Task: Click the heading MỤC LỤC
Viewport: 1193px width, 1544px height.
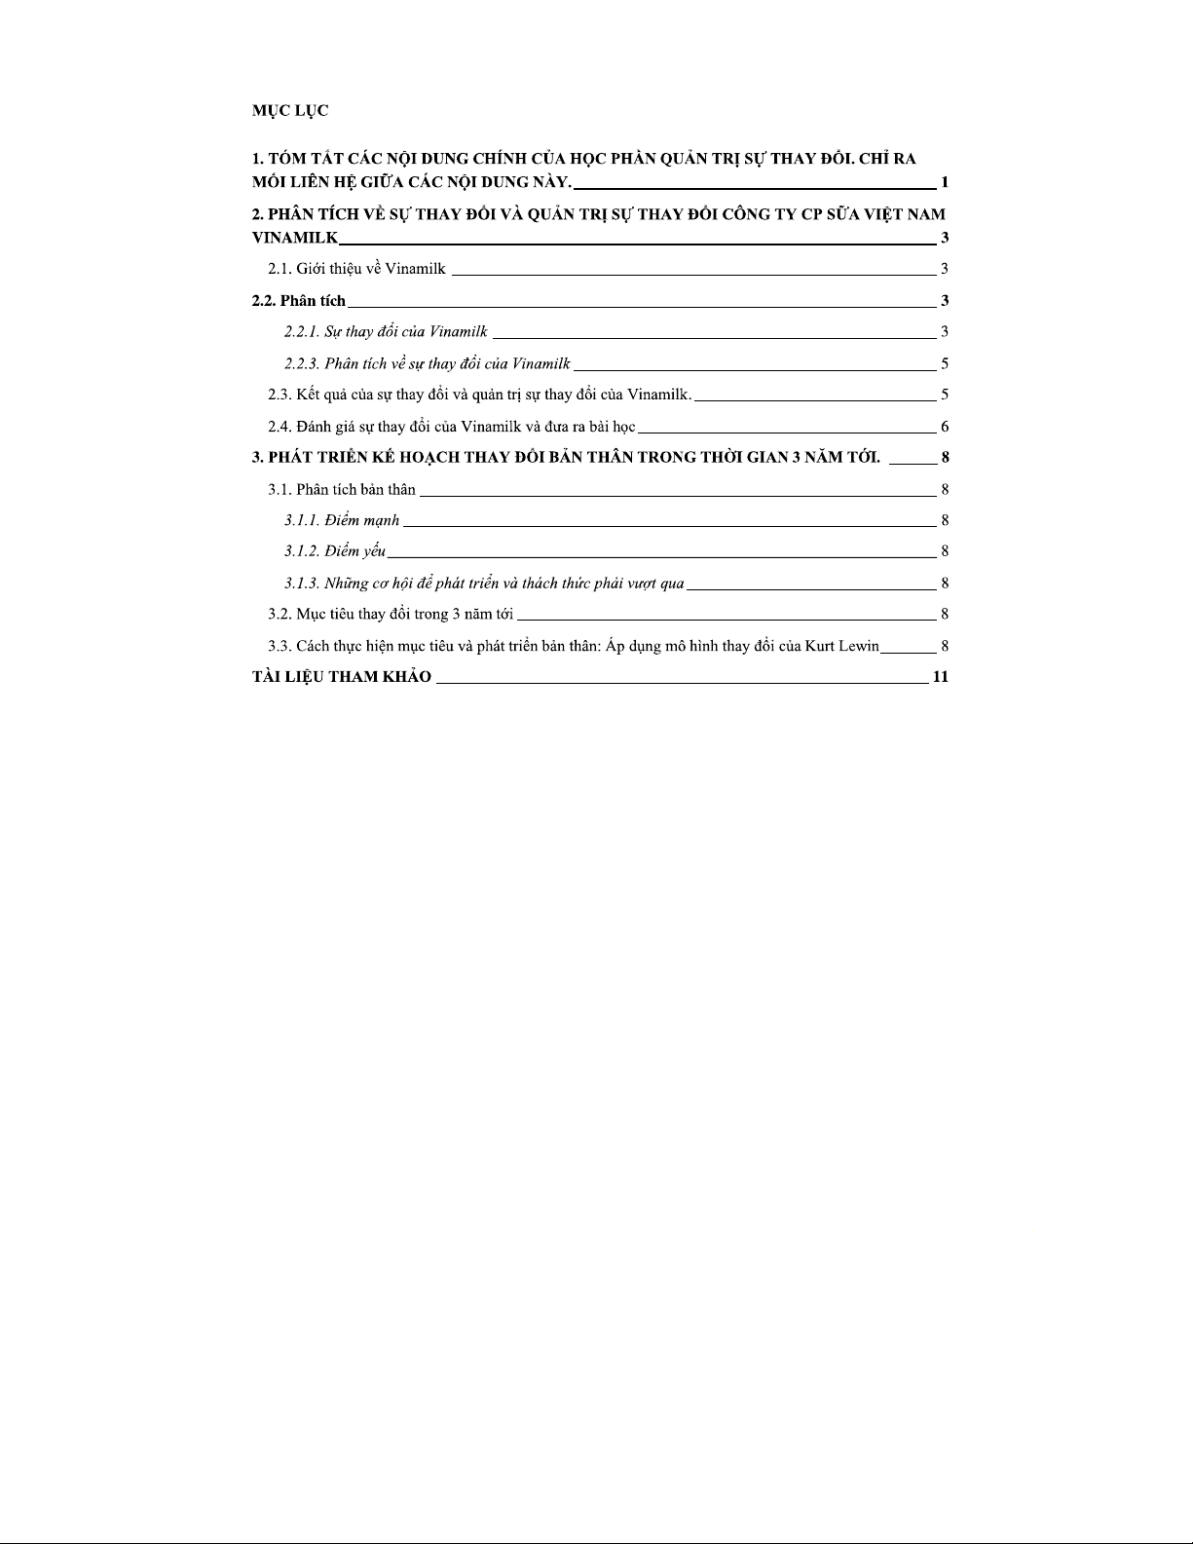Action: click(x=290, y=111)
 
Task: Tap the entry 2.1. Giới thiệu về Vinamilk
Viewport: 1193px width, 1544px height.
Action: click(x=356, y=269)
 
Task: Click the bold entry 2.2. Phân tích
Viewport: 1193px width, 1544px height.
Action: click(x=299, y=300)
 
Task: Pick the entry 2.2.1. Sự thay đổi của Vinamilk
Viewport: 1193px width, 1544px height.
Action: click(x=386, y=332)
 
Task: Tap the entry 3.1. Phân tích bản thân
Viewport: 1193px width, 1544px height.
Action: click(x=342, y=489)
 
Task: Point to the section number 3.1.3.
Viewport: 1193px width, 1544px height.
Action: click(x=301, y=584)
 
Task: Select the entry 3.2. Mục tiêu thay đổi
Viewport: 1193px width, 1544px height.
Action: click(x=391, y=614)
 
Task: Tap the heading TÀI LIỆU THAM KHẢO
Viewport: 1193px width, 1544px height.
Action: click(x=342, y=677)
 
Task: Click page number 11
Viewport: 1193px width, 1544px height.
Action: click(x=941, y=677)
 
